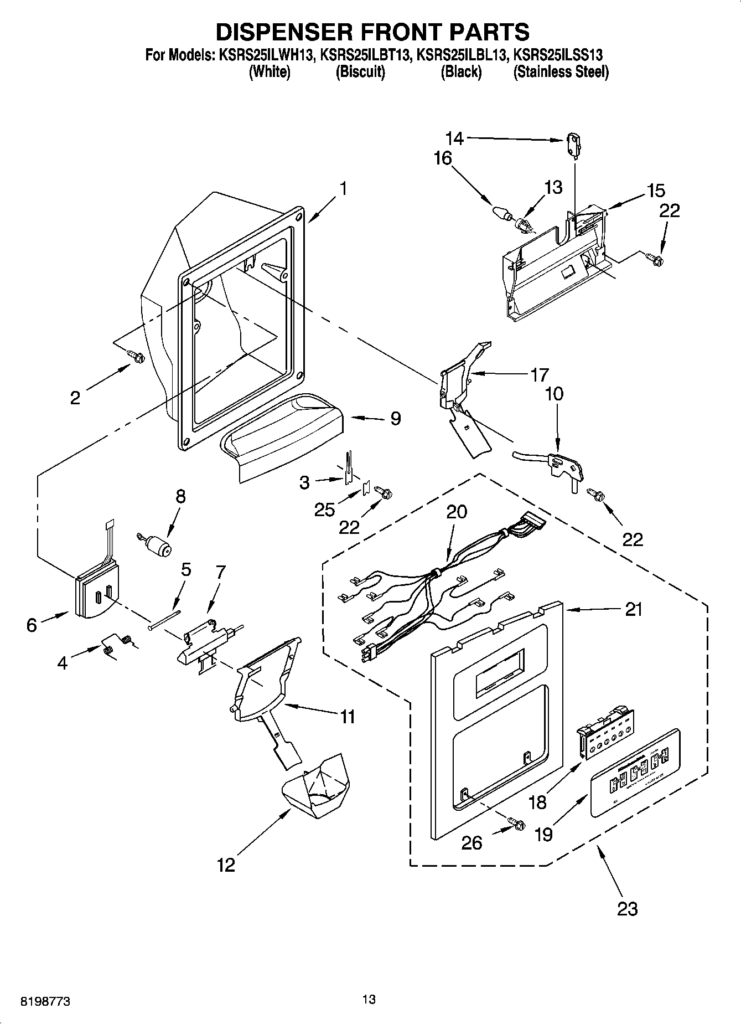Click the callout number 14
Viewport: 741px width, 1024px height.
tap(456, 138)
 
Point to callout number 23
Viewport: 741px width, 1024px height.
tap(627, 909)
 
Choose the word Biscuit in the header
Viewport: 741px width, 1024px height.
tap(360, 72)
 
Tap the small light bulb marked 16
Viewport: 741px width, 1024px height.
tap(500, 213)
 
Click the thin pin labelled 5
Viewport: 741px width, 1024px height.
tap(164, 619)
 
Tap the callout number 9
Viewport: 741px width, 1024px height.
tap(395, 418)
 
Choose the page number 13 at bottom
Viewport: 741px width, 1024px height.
tap(369, 999)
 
